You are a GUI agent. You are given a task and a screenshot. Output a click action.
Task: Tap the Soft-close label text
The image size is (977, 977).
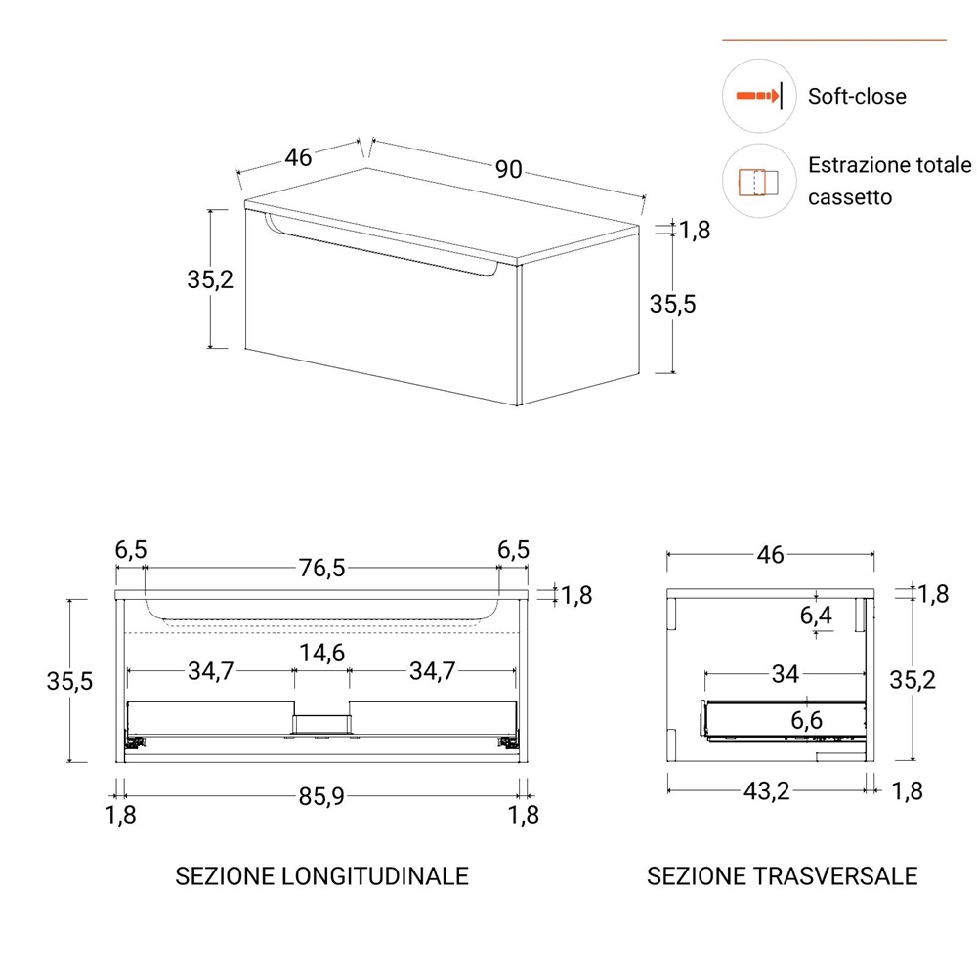(x=857, y=97)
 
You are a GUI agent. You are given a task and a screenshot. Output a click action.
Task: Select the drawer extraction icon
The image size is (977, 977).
(x=758, y=182)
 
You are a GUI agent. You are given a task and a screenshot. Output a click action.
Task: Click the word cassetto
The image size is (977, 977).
(x=850, y=197)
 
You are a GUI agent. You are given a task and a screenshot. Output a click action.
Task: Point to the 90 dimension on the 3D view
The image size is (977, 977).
(x=508, y=169)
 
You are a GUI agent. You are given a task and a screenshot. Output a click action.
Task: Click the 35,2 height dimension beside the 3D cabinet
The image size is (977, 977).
(x=210, y=279)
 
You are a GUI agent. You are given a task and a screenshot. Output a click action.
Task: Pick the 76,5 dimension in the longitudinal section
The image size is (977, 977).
(x=321, y=568)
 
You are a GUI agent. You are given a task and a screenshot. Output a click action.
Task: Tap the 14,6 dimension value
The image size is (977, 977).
(x=321, y=653)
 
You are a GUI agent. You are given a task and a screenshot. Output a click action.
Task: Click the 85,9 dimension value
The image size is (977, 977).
(x=321, y=795)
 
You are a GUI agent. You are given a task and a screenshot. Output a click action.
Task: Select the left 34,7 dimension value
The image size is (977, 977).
(x=211, y=671)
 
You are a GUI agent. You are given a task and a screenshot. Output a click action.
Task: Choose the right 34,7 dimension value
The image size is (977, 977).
(x=433, y=671)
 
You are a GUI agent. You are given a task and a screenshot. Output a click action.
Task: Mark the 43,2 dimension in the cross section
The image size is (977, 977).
(x=766, y=790)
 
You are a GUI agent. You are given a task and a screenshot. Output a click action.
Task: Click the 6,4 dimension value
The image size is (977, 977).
(x=816, y=616)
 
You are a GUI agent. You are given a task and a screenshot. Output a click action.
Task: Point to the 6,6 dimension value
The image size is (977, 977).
(x=807, y=720)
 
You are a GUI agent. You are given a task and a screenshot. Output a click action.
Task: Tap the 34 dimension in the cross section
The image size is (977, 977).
(x=786, y=673)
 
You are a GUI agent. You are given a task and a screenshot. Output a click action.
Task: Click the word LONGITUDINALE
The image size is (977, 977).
(x=375, y=876)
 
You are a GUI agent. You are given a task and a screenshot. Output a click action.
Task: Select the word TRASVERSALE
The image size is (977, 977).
(x=835, y=876)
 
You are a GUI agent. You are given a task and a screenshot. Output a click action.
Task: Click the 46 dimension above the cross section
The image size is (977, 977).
(x=770, y=555)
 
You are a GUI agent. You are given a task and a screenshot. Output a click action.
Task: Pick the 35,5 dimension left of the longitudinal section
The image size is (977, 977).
(x=69, y=681)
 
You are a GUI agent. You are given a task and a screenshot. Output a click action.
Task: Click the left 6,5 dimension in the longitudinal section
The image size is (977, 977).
(x=131, y=549)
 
